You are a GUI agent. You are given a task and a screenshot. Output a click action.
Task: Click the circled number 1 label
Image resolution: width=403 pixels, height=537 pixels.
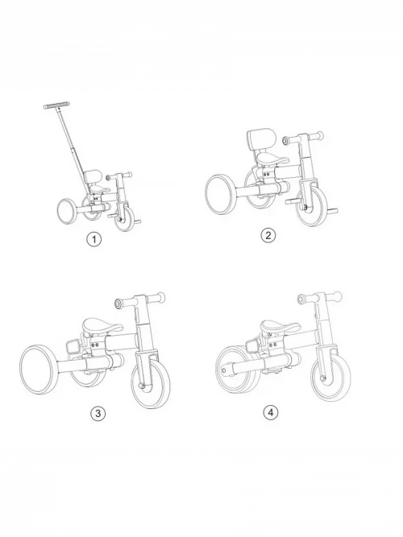(94, 239)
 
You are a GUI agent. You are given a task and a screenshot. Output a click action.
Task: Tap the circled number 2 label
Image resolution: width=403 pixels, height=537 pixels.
(268, 235)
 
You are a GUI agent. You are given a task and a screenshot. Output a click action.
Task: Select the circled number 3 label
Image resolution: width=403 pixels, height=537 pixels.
(98, 413)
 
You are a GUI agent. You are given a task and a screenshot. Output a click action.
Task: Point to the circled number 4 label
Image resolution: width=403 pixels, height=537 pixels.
(271, 412)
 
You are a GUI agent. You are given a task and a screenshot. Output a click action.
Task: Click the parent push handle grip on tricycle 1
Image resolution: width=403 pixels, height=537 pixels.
(56, 105)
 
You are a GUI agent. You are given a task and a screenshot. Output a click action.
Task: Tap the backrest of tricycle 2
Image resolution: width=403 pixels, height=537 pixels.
(261, 138)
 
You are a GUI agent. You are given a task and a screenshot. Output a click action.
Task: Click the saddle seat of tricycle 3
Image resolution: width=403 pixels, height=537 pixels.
(102, 325)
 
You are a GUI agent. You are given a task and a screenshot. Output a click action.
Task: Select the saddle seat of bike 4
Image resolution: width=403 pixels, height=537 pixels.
(280, 326)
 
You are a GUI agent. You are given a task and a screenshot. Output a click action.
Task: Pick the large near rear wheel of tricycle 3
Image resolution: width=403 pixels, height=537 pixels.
(39, 370)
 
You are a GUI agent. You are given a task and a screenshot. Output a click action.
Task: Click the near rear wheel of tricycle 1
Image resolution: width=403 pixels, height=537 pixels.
(67, 211)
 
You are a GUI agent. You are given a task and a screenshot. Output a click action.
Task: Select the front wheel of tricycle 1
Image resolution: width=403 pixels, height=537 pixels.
(125, 219)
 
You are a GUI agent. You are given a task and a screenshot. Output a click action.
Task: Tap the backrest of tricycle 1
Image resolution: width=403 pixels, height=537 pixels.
(92, 176)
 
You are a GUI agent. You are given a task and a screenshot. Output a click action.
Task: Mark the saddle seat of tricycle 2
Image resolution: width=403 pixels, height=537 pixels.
(272, 159)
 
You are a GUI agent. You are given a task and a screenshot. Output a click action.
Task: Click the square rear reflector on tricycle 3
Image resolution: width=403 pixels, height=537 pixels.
(73, 347)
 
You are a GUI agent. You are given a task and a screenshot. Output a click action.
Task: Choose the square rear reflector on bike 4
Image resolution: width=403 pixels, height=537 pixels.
(252, 348)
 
